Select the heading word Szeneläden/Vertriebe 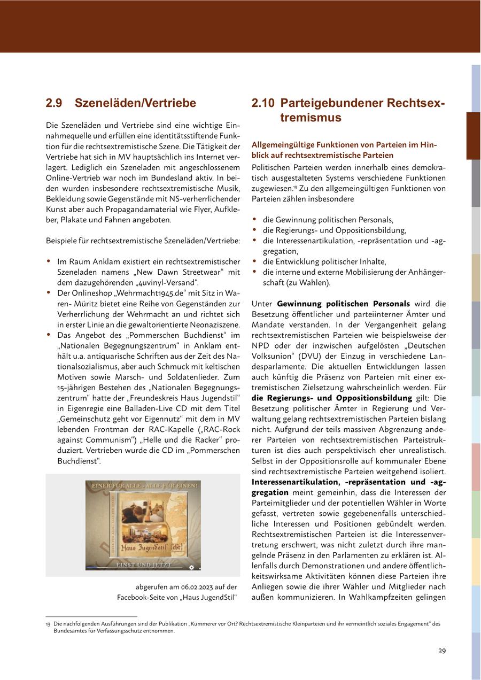pyautogui.click(x=135, y=103)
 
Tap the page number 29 pyautogui.click(x=442, y=650)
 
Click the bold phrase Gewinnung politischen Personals pyautogui.click(x=344, y=304)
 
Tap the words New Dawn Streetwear pyautogui.click(x=174, y=272)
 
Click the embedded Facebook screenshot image pyautogui.click(x=143, y=525)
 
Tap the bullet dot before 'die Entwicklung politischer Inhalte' pyautogui.click(x=255, y=261)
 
